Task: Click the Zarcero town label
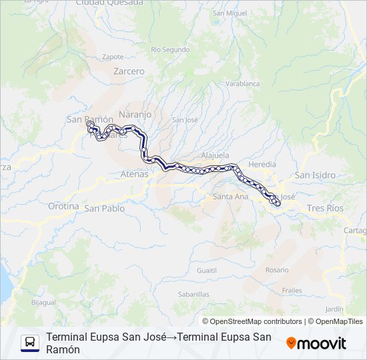point(129,71)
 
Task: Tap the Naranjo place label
point(135,115)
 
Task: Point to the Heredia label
point(262,164)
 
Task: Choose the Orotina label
point(63,206)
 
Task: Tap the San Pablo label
point(104,208)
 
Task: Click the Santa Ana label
point(231,197)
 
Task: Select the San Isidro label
point(316,175)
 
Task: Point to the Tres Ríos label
point(325,209)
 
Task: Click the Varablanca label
point(242,84)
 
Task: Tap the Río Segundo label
point(171,49)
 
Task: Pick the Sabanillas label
point(194,293)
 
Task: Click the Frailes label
point(292,291)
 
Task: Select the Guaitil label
point(207,270)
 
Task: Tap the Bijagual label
point(43,302)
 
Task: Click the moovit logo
point(316,343)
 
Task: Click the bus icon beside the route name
point(30,343)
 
